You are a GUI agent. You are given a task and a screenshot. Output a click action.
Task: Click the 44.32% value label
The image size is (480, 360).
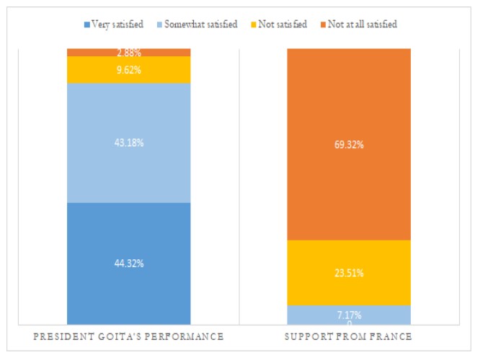(x=128, y=264)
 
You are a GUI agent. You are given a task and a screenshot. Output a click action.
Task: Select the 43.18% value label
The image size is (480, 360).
(x=128, y=143)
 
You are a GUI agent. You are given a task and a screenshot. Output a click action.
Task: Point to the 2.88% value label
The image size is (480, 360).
(x=128, y=53)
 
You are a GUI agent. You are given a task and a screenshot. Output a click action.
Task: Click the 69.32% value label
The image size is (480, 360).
(x=349, y=145)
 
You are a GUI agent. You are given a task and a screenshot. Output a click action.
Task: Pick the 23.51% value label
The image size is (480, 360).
(x=349, y=273)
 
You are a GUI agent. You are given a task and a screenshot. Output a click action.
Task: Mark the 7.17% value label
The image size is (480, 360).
(x=349, y=315)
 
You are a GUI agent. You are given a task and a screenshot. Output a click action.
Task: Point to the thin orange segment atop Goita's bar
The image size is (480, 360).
(x=86, y=52)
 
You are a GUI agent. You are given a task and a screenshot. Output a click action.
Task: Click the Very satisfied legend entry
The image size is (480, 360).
(x=115, y=24)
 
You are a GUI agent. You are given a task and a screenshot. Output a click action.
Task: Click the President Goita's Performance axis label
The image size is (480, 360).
(x=128, y=337)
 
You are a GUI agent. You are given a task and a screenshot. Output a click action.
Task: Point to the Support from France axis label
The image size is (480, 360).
(x=349, y=337)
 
